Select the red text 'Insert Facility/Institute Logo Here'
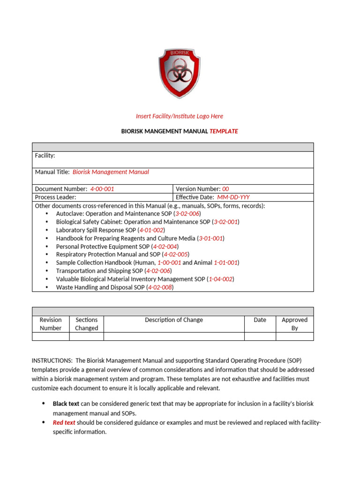coord(180,116)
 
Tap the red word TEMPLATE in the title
coord(224,131)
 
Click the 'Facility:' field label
coord(45,155)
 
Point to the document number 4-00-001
coord(102,189)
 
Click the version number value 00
coord(225,189)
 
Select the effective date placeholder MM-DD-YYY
coord(237,197)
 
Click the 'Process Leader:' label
coord(56,197)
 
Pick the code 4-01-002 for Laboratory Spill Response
coord(151,230)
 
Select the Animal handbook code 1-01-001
coord(226,263)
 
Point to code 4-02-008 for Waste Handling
coord(160,287)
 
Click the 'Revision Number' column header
coord(51,324)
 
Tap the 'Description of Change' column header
coord(174,320)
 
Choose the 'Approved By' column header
coord(294,324)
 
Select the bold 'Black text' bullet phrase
coord(66,404)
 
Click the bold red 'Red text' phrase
coord(64,422)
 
